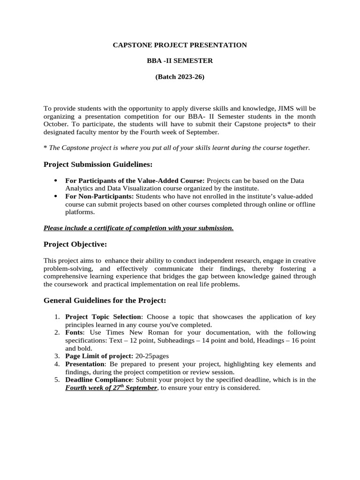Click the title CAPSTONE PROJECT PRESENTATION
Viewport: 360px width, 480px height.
coord(180,45)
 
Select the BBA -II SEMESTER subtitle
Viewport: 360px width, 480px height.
coord(180,61)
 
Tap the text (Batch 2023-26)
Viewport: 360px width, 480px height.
coord(180,77)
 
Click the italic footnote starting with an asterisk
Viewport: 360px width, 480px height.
coord(177,148)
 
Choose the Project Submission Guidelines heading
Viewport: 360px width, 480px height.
coord(98,165)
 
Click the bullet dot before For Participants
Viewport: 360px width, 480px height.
coord(56,180)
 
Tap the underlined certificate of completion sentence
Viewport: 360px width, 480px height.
coord(138,228)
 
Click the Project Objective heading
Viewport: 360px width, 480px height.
coord(75,244)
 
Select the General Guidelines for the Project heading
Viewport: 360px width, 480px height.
coord(105,300)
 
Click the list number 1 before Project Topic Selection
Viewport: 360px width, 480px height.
coord(56,317)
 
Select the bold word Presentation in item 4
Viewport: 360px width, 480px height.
coord(84,364)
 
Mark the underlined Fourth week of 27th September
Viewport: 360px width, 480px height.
coord(111,388)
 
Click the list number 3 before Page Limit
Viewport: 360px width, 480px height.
coord(56,356)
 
